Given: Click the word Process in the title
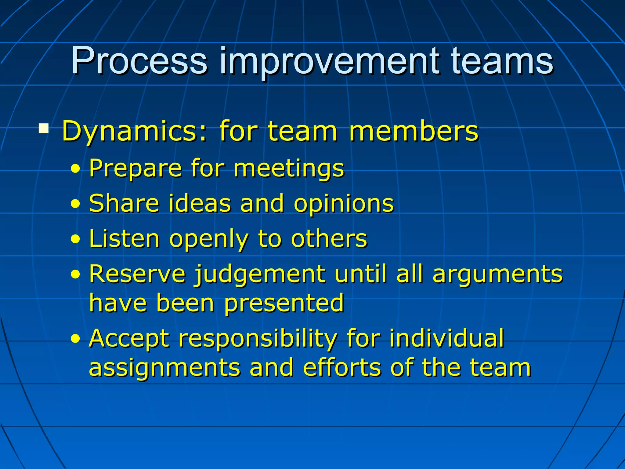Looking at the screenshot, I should (139, 61).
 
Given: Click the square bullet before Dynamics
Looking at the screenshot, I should (44, 129).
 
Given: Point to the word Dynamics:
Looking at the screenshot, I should (134, 132).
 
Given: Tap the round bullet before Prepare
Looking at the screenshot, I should (75, 169).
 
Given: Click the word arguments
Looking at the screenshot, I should (497, 274).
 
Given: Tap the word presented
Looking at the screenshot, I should (284, 304).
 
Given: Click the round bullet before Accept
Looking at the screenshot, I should (75, 339).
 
